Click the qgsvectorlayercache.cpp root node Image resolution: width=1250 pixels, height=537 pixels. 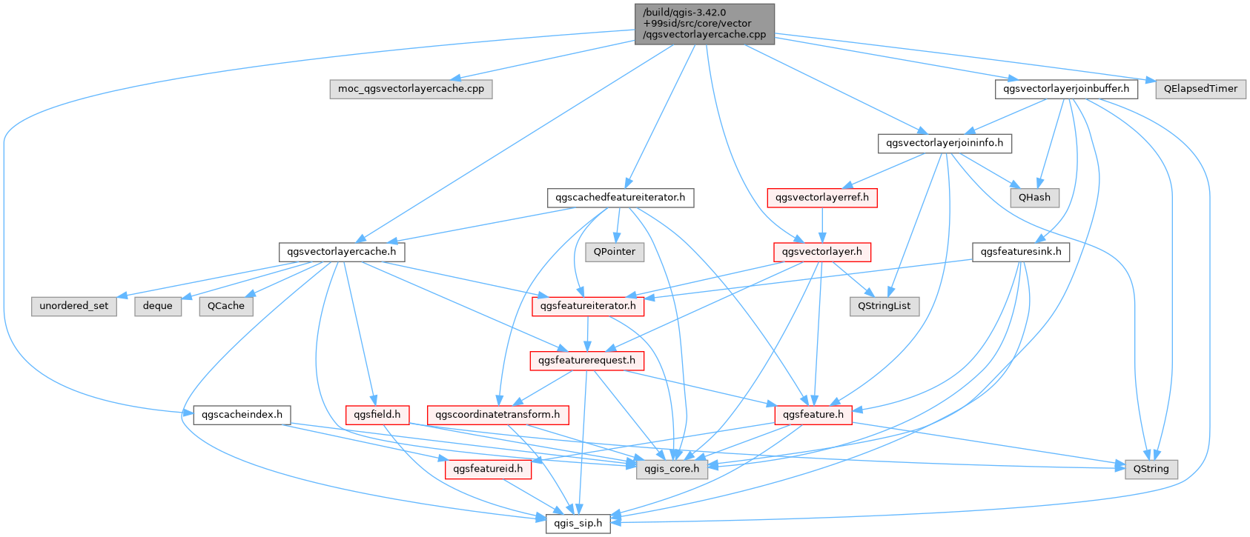pyautogui.click(x=704, y=24)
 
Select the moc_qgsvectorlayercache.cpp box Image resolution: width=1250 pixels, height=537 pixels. pyautogui.click(x=411, y=89)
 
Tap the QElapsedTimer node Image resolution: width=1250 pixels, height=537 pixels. pyautogui.click(x=1200, y=89)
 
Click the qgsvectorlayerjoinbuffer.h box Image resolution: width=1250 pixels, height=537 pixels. pyautogui.click(x=1066, y=89)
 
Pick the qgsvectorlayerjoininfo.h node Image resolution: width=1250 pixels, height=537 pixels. pyautogui.click(x=945, y=143)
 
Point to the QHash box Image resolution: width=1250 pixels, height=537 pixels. pyautogui.click(x=1034, y=198)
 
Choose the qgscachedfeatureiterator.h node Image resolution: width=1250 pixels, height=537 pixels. pyautogui.click(x=621, y=198)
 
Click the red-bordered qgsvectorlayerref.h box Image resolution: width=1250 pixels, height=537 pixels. pyautogui.click(x=821, y=198)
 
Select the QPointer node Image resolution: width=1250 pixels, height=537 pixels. pyautogui.click(x=615, y=252)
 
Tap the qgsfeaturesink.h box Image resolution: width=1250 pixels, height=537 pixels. pyautogui.click(x=1020, y=252)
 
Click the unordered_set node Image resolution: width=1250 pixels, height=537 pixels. pyautogui.click(x=74, y=306)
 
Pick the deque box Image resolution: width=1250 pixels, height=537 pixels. pyautogui.click(x=158, y=306)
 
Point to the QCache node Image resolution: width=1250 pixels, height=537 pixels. pyautogui.click(x=226, y=306)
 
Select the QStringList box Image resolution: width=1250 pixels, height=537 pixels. pyautogui.click(x=884, y=306)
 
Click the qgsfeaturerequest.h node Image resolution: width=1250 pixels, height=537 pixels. pyautogui.click(x=586, y=361)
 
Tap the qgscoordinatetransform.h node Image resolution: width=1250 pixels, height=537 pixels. pyautogui.click(x=497, y=415)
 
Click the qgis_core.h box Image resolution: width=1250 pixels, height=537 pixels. pyautogui.click(x=672, y=469)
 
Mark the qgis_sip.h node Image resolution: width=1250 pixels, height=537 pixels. pyautogui.click(x=578, y=524)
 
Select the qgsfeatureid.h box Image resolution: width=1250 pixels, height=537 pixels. pyautogui.click(x=488, y=469)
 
